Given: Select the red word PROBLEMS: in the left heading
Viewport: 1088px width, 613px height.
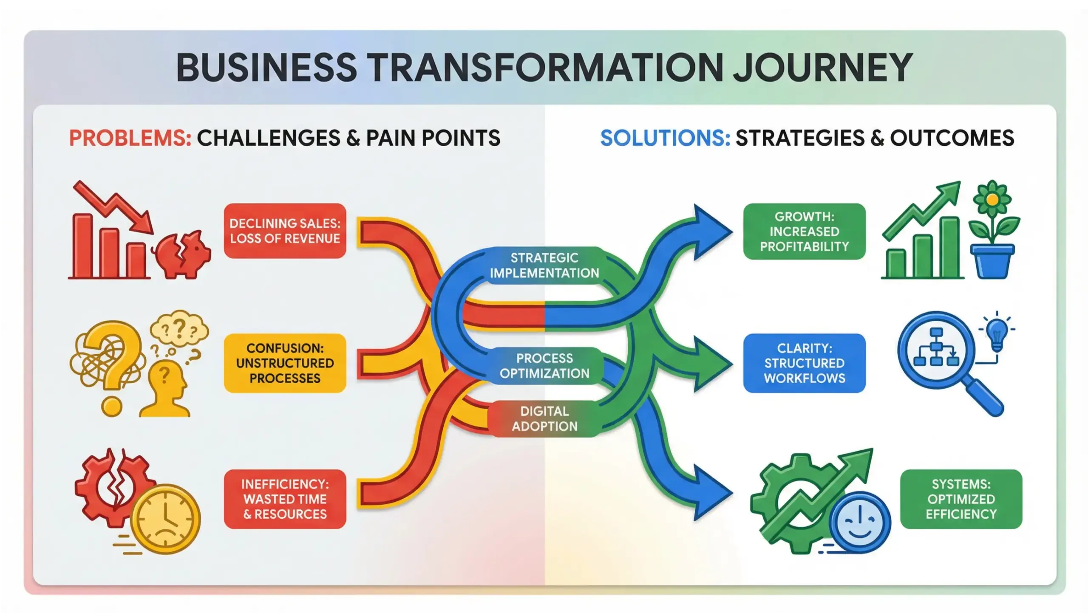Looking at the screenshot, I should tap(130, 138).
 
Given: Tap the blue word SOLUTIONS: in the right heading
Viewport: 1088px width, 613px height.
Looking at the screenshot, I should tap(665, 138).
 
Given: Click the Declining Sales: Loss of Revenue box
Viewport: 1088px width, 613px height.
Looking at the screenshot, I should tap(285, 231).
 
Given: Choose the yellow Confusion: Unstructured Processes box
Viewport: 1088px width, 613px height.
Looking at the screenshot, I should tap(285, 363).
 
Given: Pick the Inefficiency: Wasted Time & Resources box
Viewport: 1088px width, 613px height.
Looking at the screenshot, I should tap(285, 499).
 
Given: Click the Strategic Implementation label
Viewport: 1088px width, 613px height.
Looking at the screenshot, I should tap(544, 266).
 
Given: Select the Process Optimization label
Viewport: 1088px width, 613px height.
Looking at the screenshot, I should tap(544, 366).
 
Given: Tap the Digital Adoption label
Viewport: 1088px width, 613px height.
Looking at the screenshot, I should tap(544, 419).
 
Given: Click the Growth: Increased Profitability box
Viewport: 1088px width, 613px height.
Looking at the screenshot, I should tap(804, 232).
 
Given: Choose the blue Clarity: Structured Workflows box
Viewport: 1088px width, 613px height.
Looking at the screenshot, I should tap(804, 363).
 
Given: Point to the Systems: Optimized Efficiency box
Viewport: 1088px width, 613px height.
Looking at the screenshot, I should tap(961, 499).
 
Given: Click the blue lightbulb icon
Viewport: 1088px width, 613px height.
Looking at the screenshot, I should tap(997, 333).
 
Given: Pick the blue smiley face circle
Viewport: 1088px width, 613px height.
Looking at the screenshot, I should tap(859, 523).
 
